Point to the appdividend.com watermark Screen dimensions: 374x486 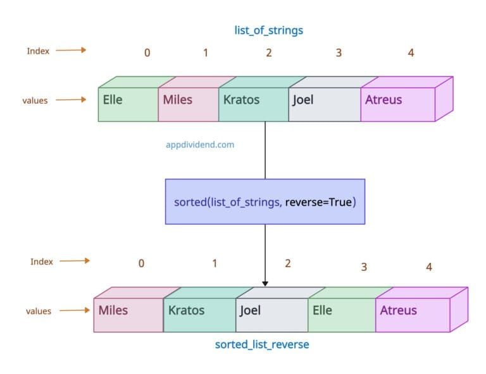pyautogui.click(x=199, y=144)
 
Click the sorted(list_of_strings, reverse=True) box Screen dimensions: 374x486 pyautogui.click(x=265, y=202)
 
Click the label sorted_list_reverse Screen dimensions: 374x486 pyautogui.click(x=262, y=345)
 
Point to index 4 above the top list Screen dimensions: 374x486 pyautogui.click(x=411, y=53)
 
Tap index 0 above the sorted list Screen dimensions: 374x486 pyautogui.click(x=141, y=263)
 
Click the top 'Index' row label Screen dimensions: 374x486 pyautogui.click(x=37, y=51)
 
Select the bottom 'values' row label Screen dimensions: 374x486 pyautogui.click(x=38, y=311)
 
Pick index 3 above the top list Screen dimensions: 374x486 pyautogui.click(x=339, y=53)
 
